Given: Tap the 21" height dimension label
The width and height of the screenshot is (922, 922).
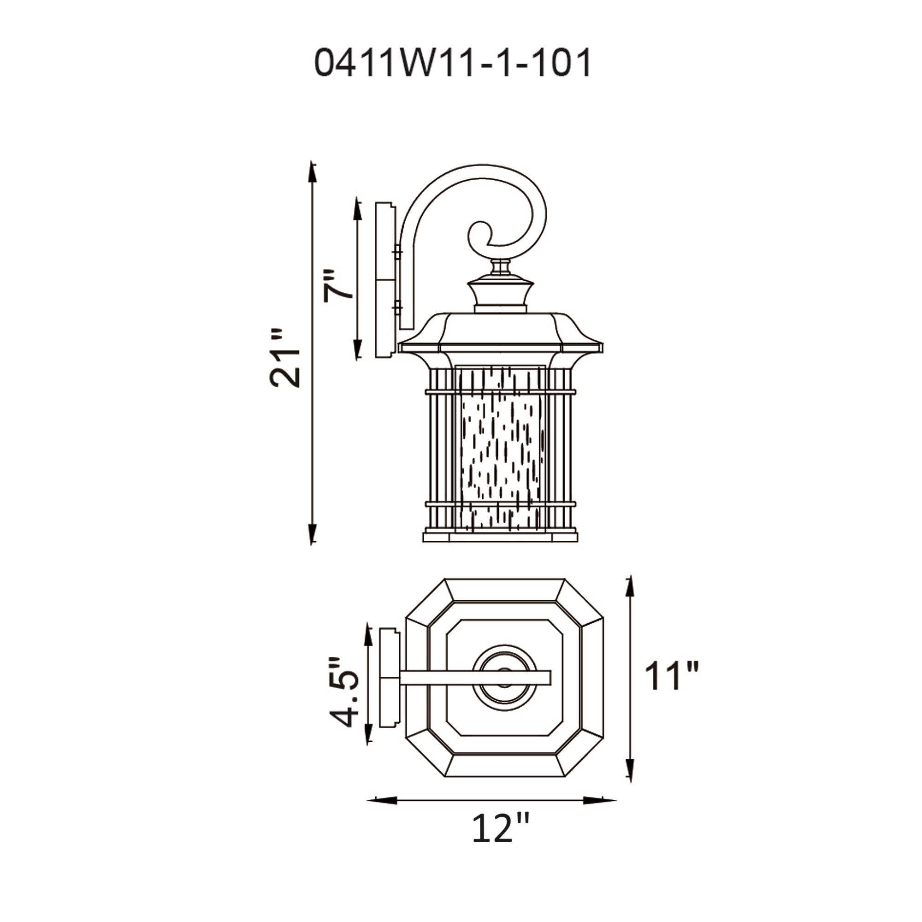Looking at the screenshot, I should [x=285, y=357].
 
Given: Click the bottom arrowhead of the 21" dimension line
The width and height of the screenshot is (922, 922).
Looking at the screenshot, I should [x=312, y=532].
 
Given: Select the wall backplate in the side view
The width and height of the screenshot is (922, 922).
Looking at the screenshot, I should [x=385, y=281].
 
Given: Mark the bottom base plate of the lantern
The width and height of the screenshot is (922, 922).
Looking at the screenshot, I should [x=500, y=537].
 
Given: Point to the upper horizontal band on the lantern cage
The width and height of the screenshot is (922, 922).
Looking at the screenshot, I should [x=500, y=392].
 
